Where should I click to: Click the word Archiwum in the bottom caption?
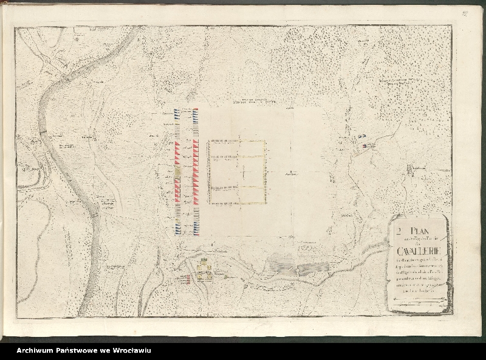[x=36, y=350]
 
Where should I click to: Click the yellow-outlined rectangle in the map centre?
[x=237, y=171]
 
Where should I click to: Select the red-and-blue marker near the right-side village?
[x=364, y=145]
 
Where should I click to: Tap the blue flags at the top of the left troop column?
[x=177, y=112]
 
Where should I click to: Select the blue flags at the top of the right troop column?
[x=196, y=112]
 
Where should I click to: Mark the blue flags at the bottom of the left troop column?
[x=177, y=228]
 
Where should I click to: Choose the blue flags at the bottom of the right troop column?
[x=196, y=228]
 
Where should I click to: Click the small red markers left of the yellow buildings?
[x=188, y=279]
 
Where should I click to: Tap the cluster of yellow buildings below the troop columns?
[x=204, y=271]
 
